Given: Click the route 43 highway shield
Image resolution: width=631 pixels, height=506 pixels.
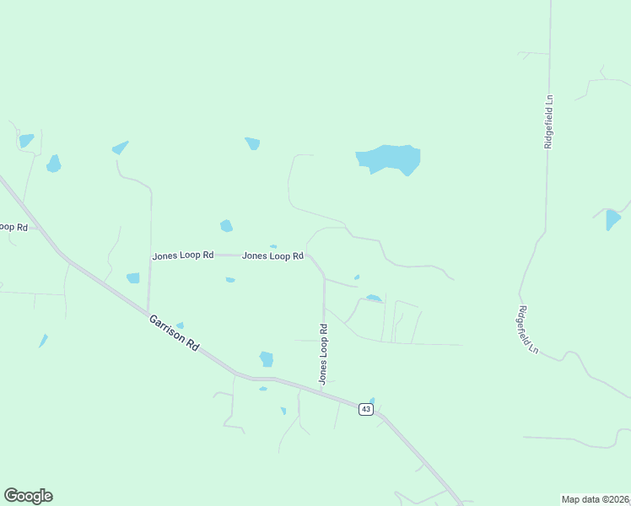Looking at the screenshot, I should click(x=365, y=409).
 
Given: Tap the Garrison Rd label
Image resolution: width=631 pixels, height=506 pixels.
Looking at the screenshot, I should click(x=174, y=333).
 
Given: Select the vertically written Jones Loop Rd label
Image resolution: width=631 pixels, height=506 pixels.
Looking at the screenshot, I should click(x=322, y=354).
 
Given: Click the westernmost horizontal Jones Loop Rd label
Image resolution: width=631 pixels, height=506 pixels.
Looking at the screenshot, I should click(x=183, y=255).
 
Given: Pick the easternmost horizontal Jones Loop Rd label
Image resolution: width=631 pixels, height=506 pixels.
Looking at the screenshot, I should click(x=272, y=256).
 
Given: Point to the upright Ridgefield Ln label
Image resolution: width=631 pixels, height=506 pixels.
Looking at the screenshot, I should click(x=549, y=121).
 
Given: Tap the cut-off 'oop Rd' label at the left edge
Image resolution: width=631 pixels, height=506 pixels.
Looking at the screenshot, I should click(x=13, y=227).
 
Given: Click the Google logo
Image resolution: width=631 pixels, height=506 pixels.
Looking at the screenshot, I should click(x=28, y=496).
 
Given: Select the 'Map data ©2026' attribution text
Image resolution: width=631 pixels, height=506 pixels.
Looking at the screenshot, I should click(x=595, y=499).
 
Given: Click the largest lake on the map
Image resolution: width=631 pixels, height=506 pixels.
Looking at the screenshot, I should click(x=389, y=158).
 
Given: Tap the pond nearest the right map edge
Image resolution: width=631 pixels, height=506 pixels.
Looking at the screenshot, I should click(x=613, y=220).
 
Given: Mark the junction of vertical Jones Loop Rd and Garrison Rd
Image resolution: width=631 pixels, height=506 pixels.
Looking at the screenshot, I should click(x=324, y=390).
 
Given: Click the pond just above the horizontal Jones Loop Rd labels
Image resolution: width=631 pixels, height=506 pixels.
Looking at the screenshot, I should click(x=226, y=225).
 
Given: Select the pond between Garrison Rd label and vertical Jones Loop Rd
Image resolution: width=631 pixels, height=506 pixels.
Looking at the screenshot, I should click(x=267, y=358).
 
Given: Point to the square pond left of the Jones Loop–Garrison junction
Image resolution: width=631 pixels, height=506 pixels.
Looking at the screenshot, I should click(x=132, y=278).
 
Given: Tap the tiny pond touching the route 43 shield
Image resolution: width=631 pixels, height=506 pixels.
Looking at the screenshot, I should click(x=371, y=401).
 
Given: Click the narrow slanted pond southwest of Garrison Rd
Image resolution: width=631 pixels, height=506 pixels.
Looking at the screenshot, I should click(x=43, y=341).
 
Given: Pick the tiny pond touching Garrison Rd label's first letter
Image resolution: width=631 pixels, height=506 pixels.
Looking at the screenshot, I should click(x=180, y=325).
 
